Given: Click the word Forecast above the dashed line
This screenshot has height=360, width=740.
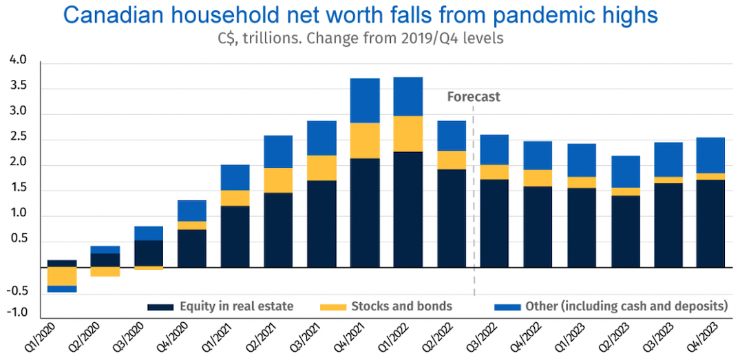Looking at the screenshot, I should coord(474,97).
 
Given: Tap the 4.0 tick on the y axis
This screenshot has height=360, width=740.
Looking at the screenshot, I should coord(19,61).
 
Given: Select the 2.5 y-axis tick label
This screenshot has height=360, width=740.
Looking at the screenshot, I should coord(19,138).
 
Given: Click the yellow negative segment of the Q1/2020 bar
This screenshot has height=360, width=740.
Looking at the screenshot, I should coord(62,276).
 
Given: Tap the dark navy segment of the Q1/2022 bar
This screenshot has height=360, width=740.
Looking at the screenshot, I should coord(408,209).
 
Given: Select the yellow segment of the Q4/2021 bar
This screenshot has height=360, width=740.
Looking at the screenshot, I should coord(365,140).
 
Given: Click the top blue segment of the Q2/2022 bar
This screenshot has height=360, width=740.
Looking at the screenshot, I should coord(452,136).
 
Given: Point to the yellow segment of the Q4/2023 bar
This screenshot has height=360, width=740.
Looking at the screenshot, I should coord(710,177).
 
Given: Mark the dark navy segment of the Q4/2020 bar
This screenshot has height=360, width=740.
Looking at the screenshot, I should coord(192,248).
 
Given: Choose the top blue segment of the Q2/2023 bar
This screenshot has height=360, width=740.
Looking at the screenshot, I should coord(624,171).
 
